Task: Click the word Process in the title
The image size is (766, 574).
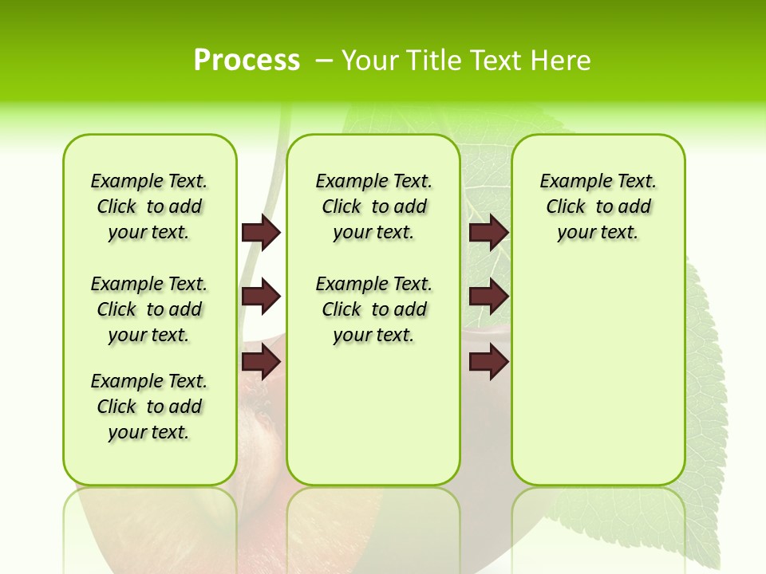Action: [x=247, y=60]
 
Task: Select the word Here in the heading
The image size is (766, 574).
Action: [x=562, y=61]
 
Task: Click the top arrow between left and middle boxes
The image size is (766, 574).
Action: [x=261, y=232]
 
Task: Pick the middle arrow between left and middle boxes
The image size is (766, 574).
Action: [x=261, y=297]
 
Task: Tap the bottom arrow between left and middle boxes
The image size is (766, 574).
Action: [x=261, y=362]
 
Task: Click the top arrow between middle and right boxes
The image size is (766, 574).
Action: [x=488, y=232]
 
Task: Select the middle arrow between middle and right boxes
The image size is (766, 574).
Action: [x=488, y=297]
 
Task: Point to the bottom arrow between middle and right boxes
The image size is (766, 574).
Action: [x=488, y=362]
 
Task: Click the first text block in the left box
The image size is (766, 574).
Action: [x=149, y=206]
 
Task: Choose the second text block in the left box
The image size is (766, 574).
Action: [x=149, y=309]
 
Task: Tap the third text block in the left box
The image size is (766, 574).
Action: [x=149, y=407]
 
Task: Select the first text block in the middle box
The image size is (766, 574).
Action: [x=373, y=206]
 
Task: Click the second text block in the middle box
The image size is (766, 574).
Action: [x=373, y=309]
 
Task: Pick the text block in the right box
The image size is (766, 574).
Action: [x=598, y=206]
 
